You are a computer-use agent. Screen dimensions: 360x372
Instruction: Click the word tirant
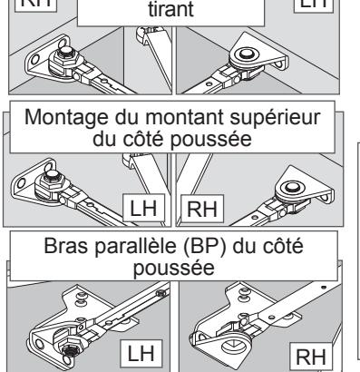pos(170,9)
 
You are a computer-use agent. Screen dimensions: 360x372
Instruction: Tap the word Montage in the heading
pos(66,117)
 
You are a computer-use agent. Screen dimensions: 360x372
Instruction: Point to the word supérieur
pos(275,118)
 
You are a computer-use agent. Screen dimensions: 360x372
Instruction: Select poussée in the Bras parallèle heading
pos(174,269)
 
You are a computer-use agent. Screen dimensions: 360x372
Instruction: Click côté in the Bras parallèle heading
pos(283,246)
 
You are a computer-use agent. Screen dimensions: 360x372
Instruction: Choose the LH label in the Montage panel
pos(143,209)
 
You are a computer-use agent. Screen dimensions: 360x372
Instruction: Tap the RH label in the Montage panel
pos(202,209)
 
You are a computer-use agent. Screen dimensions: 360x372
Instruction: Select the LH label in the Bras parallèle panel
pos(141,354)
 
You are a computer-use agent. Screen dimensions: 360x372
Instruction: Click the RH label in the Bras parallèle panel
pos(311,357)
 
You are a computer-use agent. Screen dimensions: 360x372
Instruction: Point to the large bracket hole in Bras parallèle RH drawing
pos(234,346)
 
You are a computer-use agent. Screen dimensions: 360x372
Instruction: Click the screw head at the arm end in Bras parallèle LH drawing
pos(161,293)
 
